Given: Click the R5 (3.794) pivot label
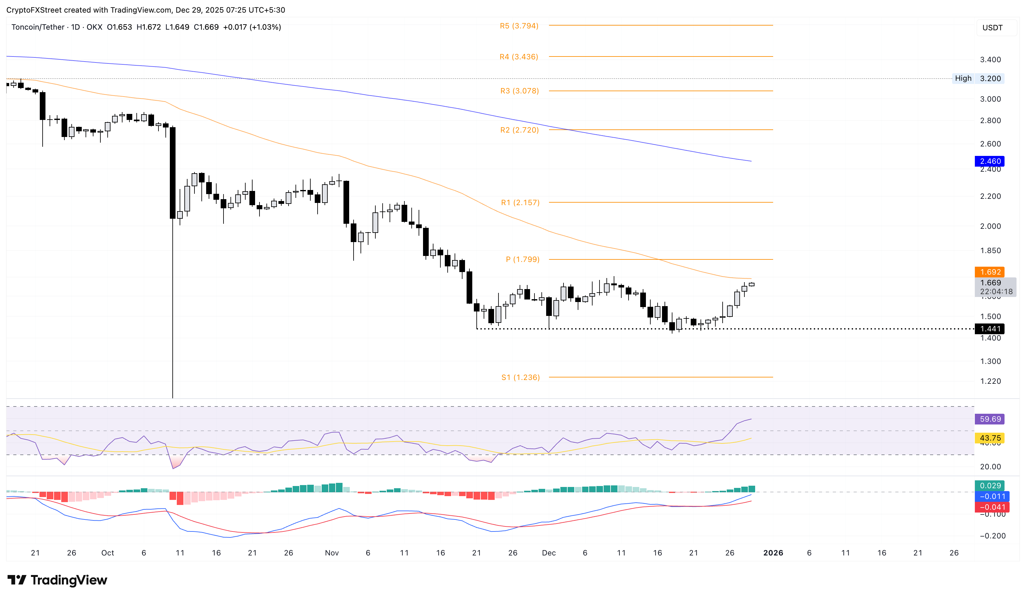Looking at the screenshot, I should click(x=519, y=26).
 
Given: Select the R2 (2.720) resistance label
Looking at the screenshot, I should click(x=519, y=130).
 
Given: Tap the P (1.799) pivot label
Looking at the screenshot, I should click(x=522, y=260).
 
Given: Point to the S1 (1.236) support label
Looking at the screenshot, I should click(x=520, y=378).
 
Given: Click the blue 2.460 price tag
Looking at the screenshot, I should click(x=989, y=162).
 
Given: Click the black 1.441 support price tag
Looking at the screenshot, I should click(x=989, y=329).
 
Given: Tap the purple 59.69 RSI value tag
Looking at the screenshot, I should click(x=989, y=419).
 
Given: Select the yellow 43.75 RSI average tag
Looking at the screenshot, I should click(x=989, y=438).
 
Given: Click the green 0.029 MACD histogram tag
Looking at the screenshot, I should click(x=989, y=486).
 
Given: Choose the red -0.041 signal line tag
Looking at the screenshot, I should click(x=989, y=507).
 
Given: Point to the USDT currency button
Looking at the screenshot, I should click(x=992, y=28).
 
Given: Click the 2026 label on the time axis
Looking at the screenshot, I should click(x=773, y=553).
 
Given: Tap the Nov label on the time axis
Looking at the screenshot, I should click(x=332, y=553).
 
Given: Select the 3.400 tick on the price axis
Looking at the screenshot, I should click(x=990, y=60).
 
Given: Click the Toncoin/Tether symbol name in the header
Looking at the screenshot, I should click(x=38, y=27).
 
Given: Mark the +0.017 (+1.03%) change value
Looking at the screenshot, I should click(x=252, y=27).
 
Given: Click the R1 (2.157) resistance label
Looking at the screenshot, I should click(x=520, y=203).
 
